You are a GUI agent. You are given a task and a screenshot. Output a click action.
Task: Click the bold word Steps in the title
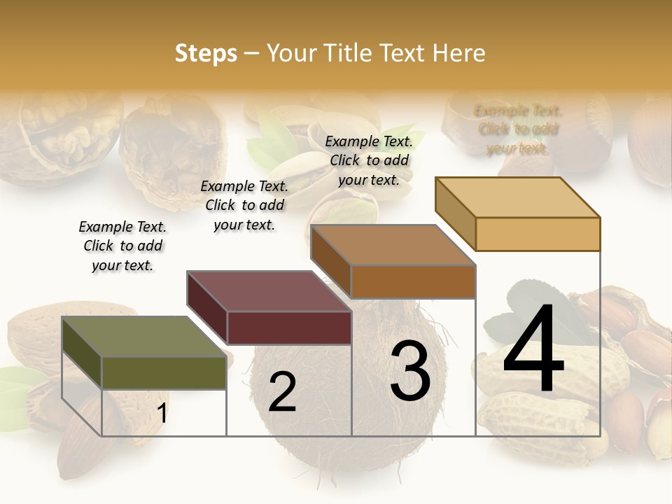click(206, 53)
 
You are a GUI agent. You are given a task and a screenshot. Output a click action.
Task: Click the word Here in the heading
click(458, 53)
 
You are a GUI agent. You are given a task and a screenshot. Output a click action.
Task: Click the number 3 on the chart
click(410, 371)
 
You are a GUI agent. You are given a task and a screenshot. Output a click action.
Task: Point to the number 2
click(282, 392)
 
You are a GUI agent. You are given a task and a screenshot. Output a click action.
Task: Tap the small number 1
click(162, 413)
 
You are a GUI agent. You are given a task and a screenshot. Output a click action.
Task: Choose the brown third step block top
click(393, 246)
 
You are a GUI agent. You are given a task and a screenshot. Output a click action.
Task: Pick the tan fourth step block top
click(517, 197)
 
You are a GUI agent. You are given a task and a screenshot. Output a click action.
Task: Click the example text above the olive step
click(122, 246)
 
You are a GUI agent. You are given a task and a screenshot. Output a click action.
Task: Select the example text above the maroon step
click(244, 205)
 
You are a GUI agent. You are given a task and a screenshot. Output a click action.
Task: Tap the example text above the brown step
click(369, 160)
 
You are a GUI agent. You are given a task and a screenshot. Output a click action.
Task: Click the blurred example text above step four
click(518, 129)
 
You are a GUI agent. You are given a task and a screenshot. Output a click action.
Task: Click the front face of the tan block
click(538, 234)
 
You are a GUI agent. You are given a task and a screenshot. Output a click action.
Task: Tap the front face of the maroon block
click(289, 328)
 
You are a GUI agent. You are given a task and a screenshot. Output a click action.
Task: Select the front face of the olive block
click(164, 373)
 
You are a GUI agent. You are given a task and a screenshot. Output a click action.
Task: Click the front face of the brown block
click(413, 282)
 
